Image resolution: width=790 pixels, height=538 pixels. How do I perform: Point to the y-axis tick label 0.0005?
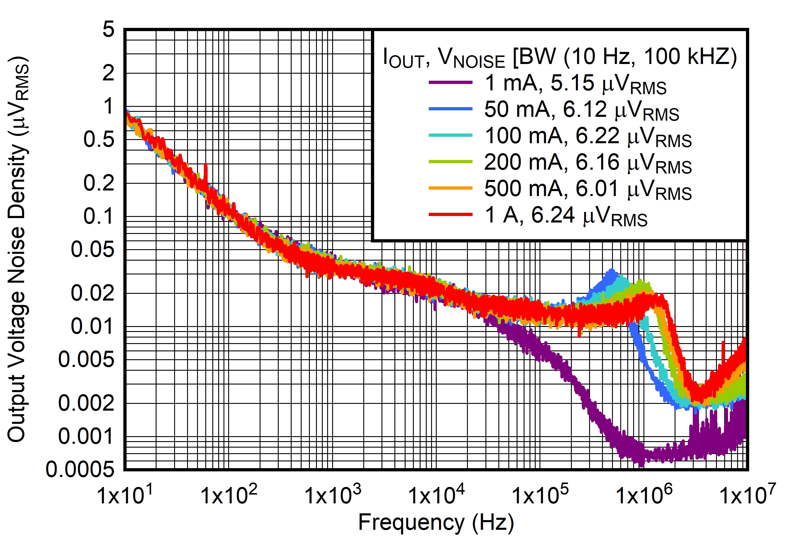(x=80, y=470)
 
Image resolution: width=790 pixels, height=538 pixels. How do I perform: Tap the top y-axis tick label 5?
(x=108, y=30)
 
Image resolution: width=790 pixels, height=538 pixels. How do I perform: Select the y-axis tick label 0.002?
(x=86, y=403)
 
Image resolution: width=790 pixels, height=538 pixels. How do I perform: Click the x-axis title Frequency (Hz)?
(x=436, y=522)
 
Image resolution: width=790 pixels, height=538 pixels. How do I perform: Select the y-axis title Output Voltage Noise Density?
(x=18, y=250)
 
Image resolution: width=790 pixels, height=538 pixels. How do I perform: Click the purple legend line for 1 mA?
(x=451, y=82)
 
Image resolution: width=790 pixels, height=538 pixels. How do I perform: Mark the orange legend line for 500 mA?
(x=451, y=188)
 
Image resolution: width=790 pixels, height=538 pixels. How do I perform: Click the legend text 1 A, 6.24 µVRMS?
(x=566, y=216)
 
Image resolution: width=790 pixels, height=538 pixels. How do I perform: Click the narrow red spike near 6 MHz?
(x=723, y=343)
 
